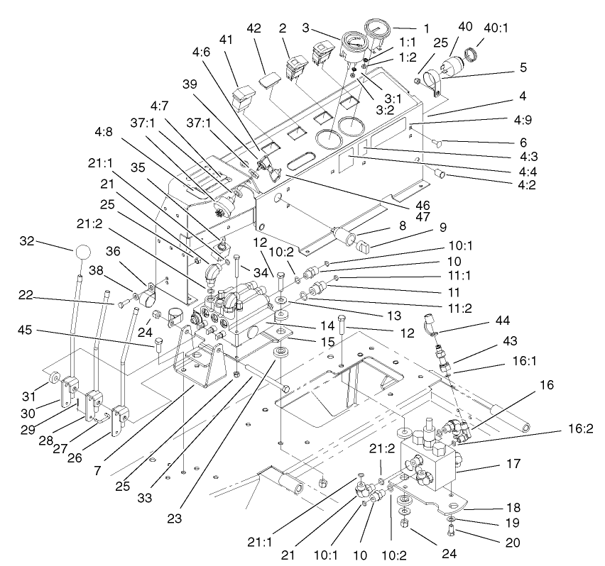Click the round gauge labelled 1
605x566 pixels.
[376, 32]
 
